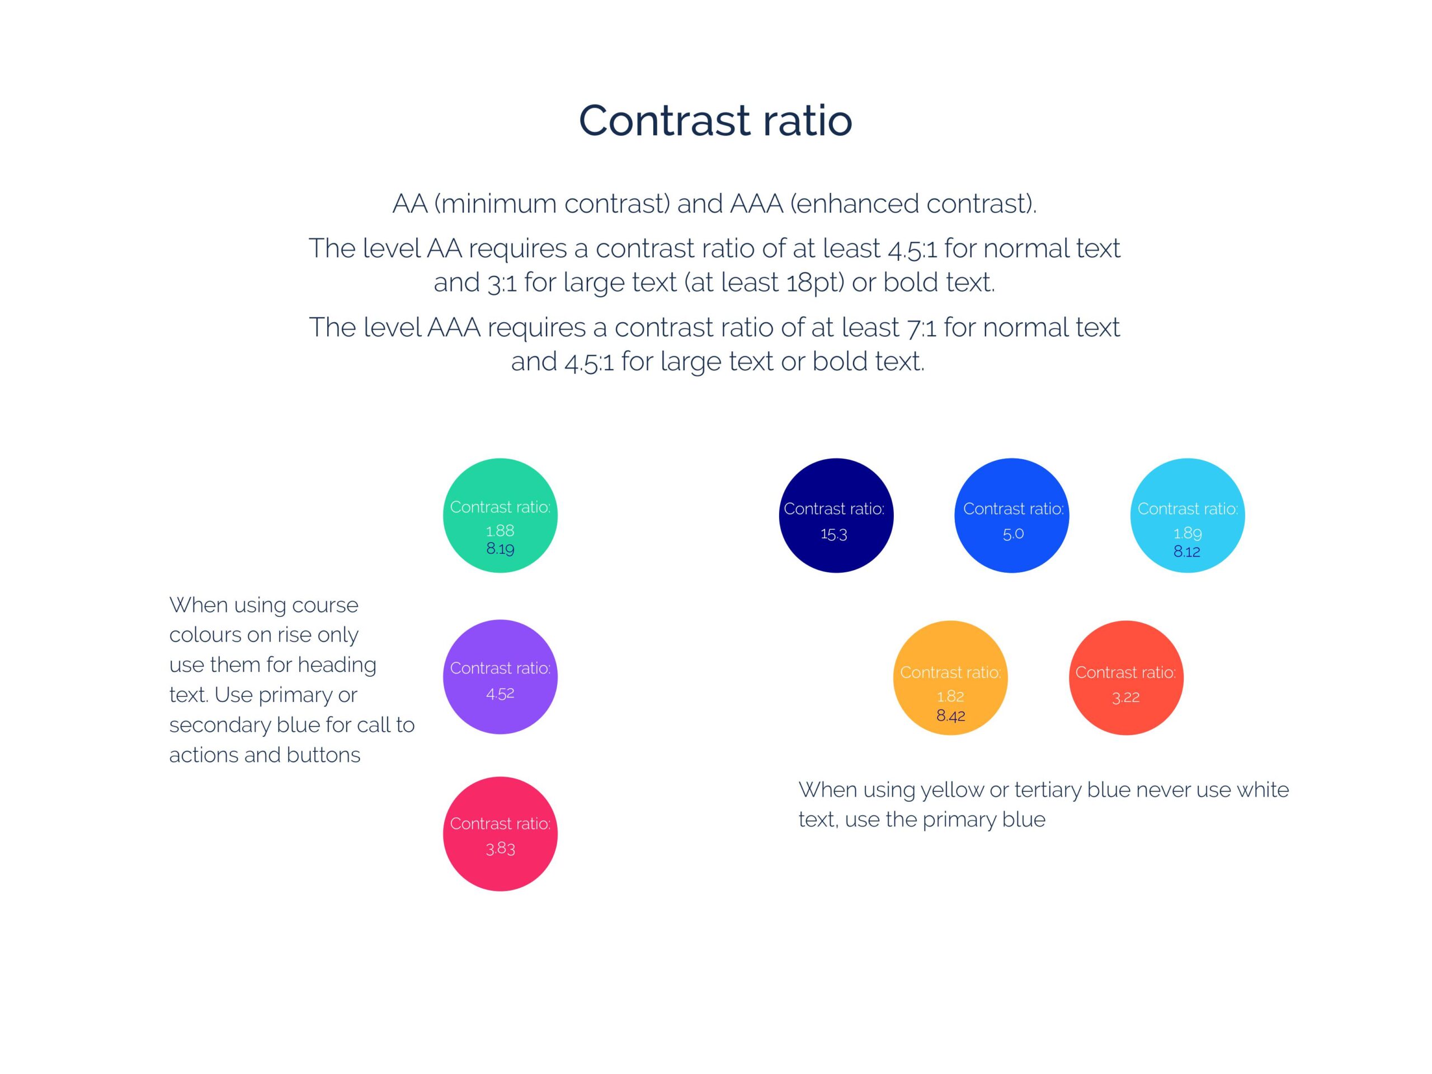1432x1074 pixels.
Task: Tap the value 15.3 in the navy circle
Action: (x=834, y=534)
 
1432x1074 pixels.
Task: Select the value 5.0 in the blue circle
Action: (x=1013, y=534)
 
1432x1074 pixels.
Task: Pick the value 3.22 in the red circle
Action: (x=1126, y=697)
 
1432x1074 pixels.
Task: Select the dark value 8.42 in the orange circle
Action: (x=950, y=715)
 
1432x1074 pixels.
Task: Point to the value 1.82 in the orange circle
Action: (x=950, y=696)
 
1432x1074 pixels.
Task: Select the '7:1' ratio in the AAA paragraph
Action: (x=921, y=328)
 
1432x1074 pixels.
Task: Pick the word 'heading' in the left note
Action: (x=337, y=666)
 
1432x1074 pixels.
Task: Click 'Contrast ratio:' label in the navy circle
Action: (x=834, y=509)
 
